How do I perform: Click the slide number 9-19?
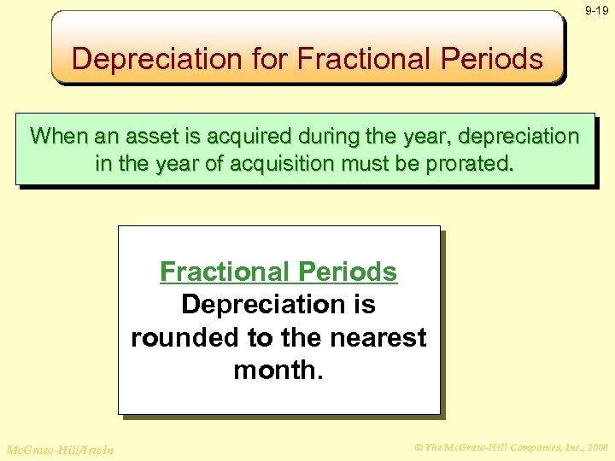tap(596, 11)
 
